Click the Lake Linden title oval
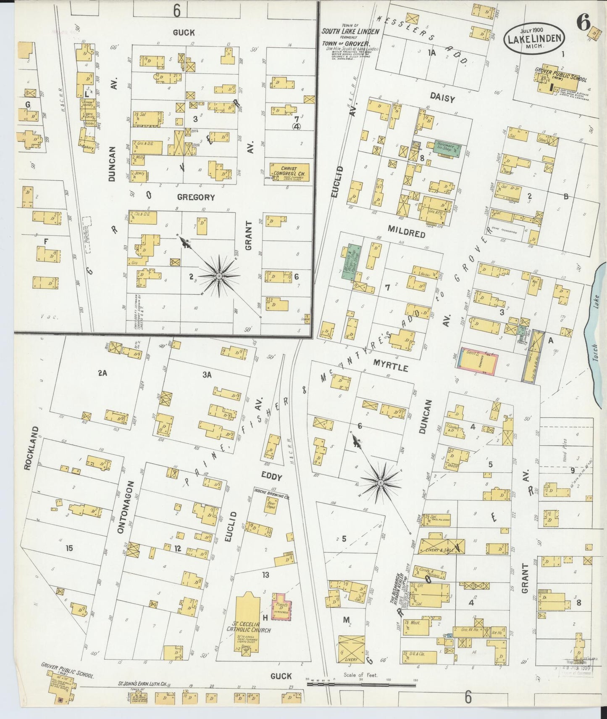click(534, 38)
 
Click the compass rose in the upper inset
click(219, 275)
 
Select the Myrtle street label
click(393, 367)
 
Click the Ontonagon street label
click(121, 507)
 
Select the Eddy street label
click(271, 477)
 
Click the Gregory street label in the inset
click(195, 197)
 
